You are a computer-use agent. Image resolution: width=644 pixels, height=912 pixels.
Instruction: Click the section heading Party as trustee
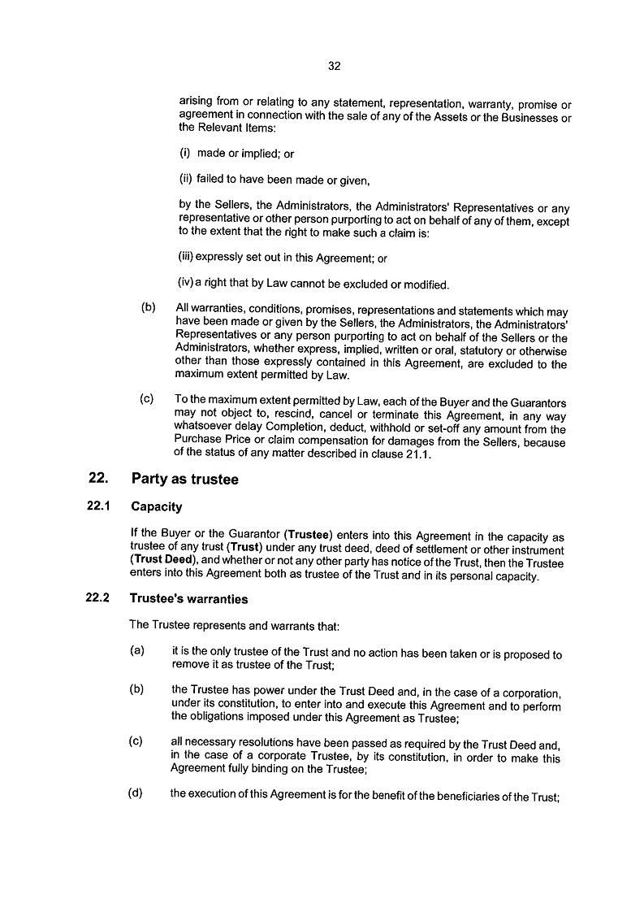tap(185, 480)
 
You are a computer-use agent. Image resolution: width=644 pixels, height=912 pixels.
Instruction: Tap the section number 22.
tap(97, 479)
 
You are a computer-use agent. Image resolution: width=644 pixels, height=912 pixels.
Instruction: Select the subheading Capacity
tap(156, 507)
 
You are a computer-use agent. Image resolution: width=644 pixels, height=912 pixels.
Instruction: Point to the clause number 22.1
tap(97, 507)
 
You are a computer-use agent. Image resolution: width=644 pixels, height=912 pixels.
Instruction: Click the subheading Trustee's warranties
tap(188, 599)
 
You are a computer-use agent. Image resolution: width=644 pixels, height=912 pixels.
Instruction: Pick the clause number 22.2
tap(97, 599)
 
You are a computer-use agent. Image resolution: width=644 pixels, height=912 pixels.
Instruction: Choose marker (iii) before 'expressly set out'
tap(185, 258)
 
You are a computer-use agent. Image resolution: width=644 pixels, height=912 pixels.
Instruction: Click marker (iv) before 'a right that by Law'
tap(185, 284)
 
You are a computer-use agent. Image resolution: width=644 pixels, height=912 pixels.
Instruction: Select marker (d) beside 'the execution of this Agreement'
tap(136, 793)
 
